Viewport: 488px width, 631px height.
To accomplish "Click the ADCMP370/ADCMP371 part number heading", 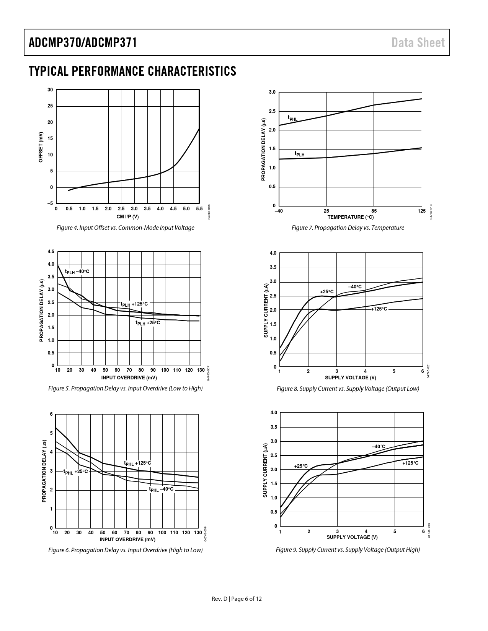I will [83, 42].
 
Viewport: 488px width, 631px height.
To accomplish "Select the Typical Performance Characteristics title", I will [132, 71].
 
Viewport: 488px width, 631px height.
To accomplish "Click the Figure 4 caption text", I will [125, 228].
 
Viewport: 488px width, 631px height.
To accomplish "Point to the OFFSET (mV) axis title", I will [41, 147].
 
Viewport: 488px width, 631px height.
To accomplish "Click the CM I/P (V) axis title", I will [127, 217].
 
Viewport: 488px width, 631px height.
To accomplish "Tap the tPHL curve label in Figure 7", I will [292, 118].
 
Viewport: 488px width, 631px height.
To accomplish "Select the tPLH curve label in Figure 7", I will [299, 154].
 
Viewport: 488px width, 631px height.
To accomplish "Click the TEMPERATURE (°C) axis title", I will [350, 217].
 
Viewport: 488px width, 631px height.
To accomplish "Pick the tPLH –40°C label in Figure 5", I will [77, 272].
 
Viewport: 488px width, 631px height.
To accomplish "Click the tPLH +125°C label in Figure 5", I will [134, 304].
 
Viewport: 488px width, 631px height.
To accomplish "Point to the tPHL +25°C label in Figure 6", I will [75, 472].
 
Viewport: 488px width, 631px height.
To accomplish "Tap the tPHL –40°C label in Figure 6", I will [161, 489].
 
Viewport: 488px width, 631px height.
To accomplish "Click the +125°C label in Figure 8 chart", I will [379, 309].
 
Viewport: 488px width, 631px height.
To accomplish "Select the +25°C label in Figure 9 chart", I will [301, 466].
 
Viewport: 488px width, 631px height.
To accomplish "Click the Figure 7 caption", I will [348, 228].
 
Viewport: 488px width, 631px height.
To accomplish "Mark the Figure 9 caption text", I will [348, 550].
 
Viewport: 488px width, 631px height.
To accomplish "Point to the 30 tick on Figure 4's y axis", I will [50, 90].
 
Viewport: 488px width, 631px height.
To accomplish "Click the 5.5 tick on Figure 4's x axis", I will [199, 209].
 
